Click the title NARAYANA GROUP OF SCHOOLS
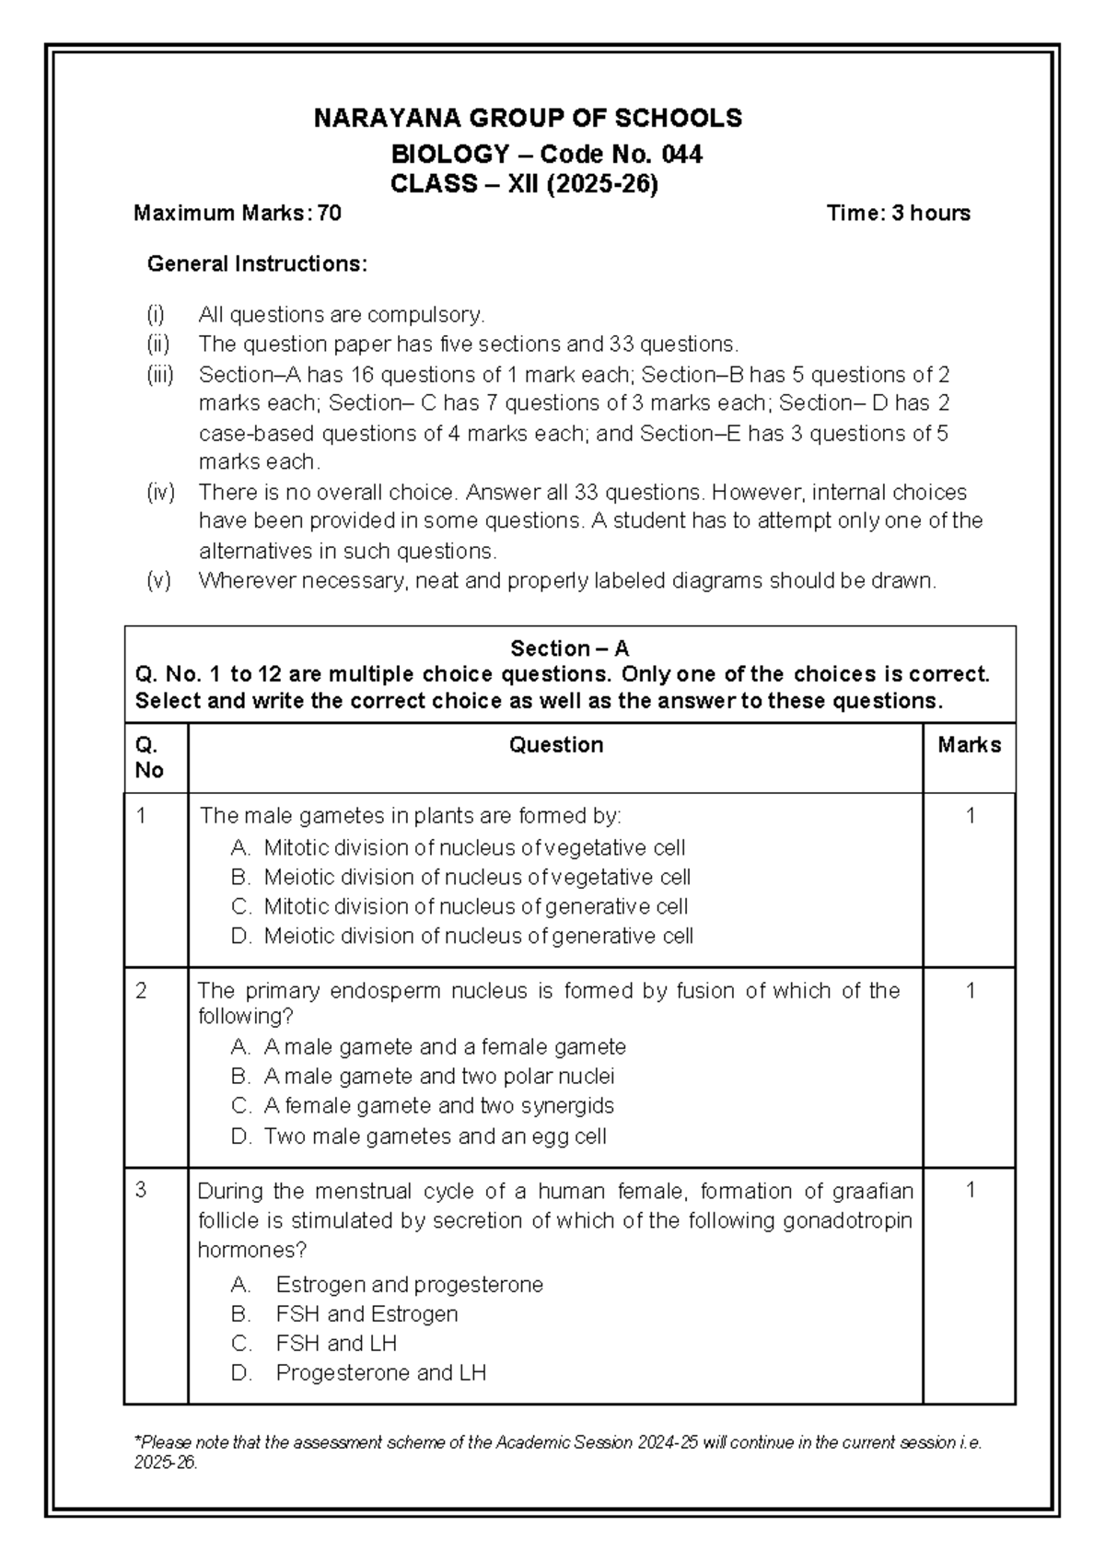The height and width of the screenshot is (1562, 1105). (528, 118)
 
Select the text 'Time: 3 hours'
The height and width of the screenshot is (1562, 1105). (898, 214)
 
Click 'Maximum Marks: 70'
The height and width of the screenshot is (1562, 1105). (238, 214)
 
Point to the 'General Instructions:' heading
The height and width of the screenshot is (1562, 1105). (257, 264)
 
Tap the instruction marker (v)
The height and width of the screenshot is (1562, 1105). (158, 581)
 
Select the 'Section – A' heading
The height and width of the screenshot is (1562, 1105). (569, 648)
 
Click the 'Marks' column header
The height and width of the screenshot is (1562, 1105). (969, 745)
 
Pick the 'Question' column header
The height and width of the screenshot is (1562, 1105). (555, 745)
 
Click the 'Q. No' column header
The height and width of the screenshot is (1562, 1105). (149, 757)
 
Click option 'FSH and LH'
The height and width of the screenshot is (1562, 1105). (336, 1344)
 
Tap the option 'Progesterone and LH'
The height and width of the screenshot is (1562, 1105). (380, 1373)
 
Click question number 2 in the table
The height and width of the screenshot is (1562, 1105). (141, 991)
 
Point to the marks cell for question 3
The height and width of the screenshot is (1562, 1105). (970, 1191)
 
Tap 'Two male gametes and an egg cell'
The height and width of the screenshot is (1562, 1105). (435, 1137)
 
